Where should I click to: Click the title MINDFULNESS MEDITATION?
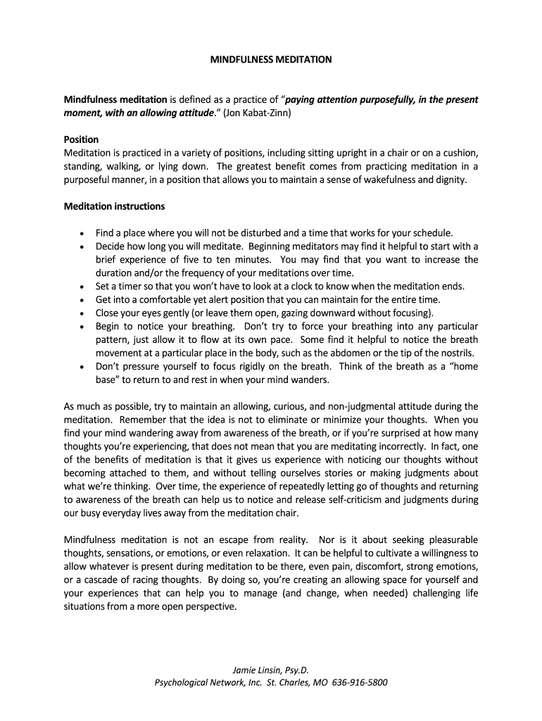click(x=271, y=60)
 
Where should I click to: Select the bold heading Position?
click(x=81, y=139)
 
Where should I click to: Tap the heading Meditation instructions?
click(x=114, y=206)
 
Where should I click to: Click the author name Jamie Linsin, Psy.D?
click(x=271, y=669)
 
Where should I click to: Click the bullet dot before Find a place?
click(x=82, y=233)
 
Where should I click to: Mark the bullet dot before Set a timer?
click(x=82, y=287)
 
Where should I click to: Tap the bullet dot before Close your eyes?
click(x=82, y=313)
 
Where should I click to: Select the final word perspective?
click(x=209, y=606)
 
